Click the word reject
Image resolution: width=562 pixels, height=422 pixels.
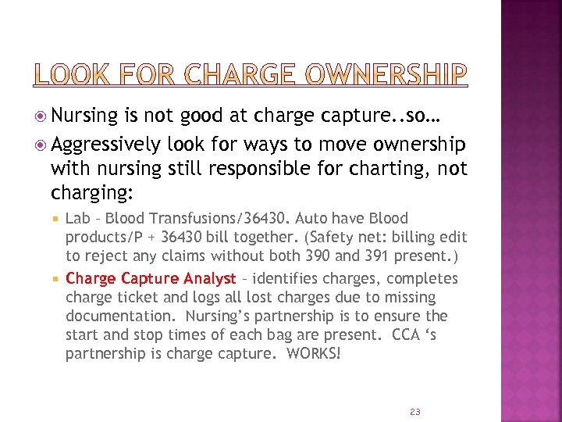104,256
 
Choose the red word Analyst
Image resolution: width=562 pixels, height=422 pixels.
209,279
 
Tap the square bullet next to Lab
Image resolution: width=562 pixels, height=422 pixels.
55,219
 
